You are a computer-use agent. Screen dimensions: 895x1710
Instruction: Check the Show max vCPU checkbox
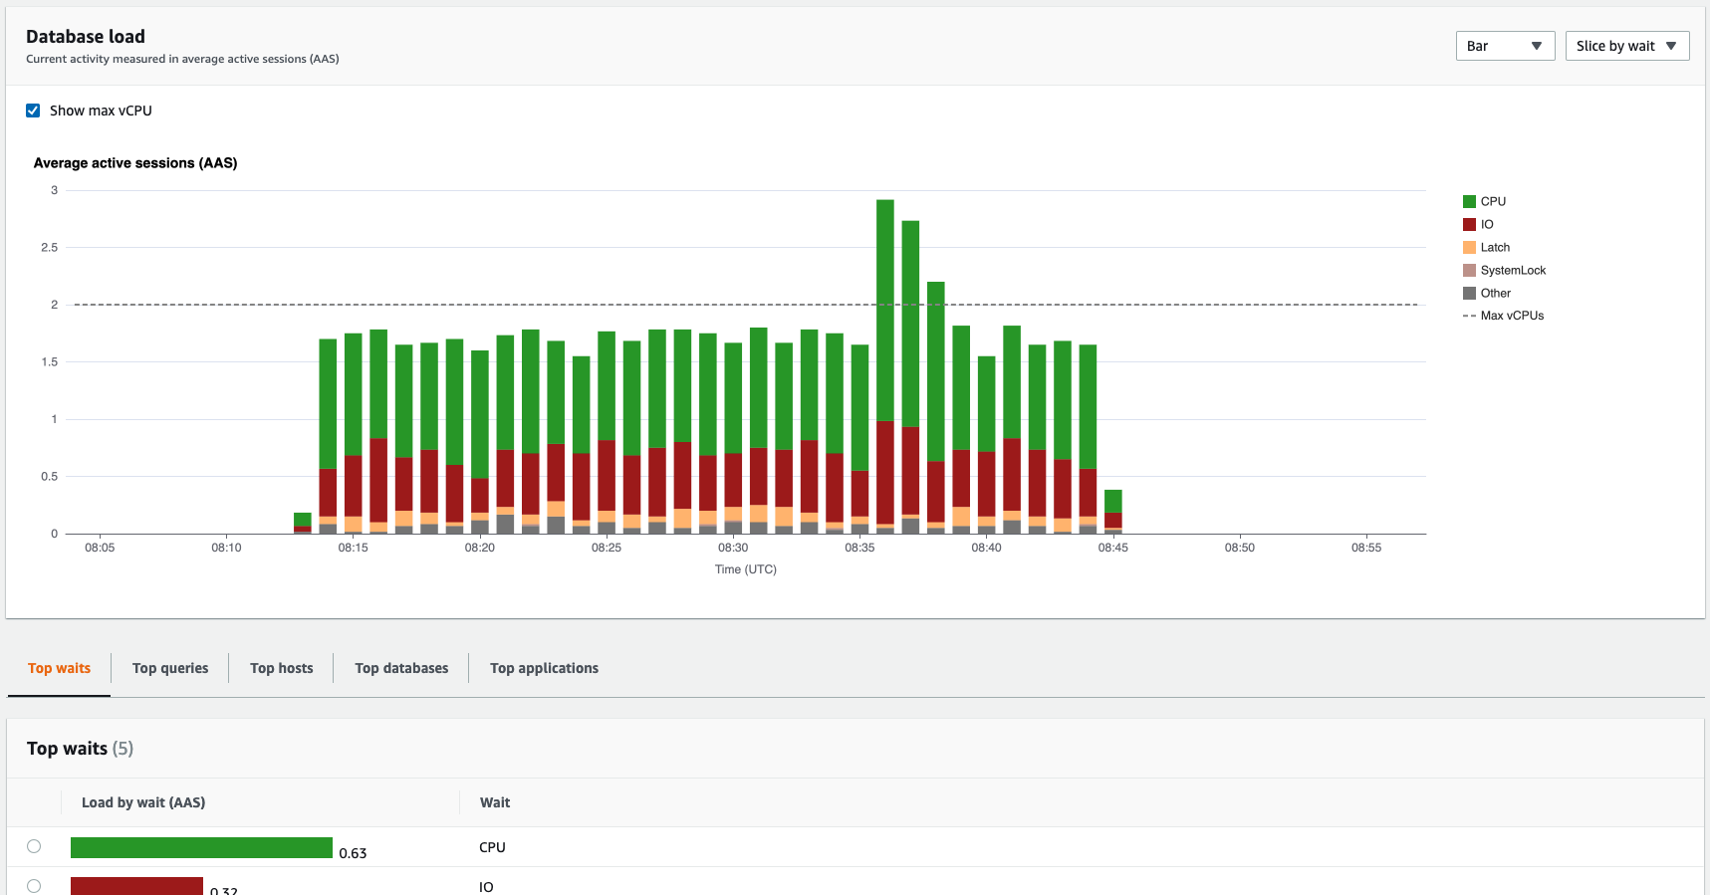click(x=33, y=111)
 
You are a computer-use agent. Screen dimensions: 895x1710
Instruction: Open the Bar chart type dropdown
click(x=1504, y=46)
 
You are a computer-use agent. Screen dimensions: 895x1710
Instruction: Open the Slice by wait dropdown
click(x=1626, y=46)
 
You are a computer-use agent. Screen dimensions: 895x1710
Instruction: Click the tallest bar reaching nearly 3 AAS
click(x=884, y=299)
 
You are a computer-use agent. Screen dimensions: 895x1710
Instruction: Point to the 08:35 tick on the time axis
click(x=859, y=548)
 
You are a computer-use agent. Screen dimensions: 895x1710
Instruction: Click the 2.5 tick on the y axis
click(x=49, y=247)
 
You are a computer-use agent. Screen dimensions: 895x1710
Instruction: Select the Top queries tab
click(x=170, y=668)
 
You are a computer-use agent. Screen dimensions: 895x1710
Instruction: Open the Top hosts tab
click(x=281, y=668)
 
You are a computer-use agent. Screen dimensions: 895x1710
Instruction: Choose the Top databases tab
click(x=401, y=668)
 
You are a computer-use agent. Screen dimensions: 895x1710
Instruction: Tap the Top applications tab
click(x=544, y=668)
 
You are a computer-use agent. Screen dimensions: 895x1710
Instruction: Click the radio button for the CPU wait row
click(x=34, y=846)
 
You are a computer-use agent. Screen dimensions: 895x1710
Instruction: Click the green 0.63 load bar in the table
click(x=201, y=847)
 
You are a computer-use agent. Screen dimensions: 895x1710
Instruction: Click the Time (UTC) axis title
click(x=745, y=569)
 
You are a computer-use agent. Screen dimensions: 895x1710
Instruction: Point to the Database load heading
click(x=86, y=37)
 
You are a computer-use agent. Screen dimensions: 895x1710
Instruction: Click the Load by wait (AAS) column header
click(x=143, y=802)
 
